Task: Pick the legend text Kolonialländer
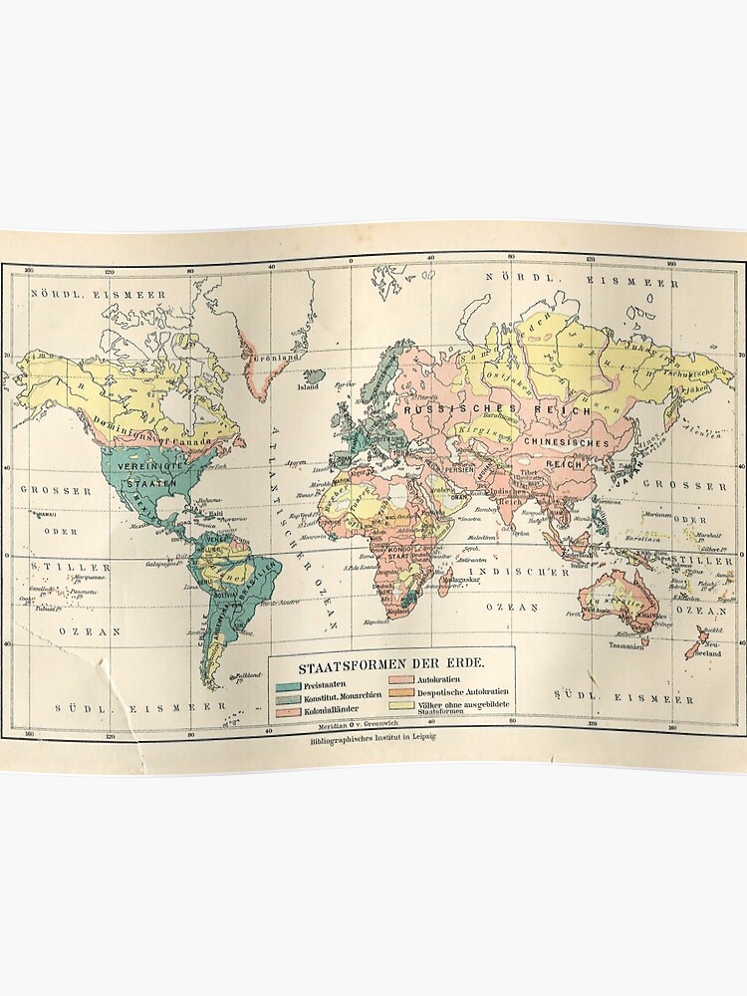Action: (335, 707)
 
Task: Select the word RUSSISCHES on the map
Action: (443, 410)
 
